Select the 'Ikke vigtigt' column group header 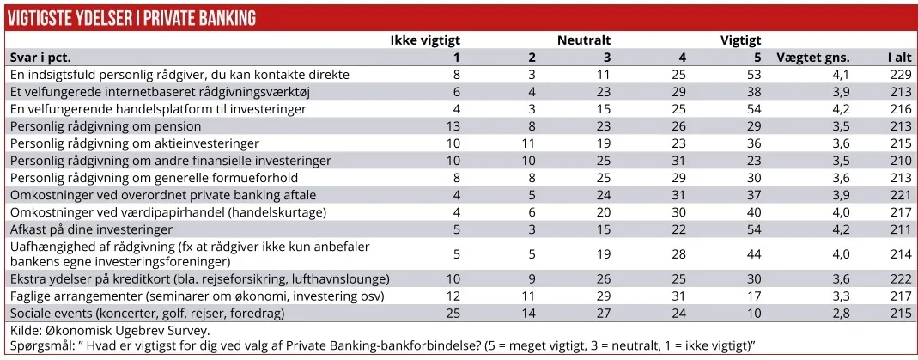[x=425, y=40]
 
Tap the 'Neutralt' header [x=583, y=40]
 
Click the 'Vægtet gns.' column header [x=812, y=58]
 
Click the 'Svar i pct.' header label [x=40, y=58]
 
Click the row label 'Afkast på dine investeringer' [x=92, y=229]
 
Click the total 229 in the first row [x=900, y=75]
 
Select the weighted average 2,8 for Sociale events [x=841, y=313]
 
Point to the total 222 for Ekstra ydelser [x=900, y=279]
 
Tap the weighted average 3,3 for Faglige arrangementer [x=841, y=296]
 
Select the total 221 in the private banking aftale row [x=900, y=195]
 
